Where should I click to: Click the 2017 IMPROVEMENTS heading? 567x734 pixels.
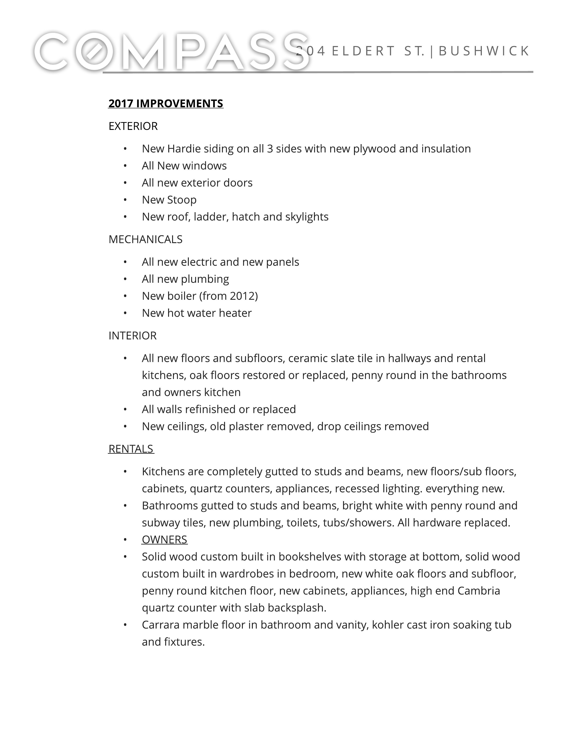tap(166, 103)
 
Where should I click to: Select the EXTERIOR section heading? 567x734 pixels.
tap(133, 126)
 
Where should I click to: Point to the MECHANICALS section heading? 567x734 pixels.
tap(145, 239)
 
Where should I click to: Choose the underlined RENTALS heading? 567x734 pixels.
tap(131, 449)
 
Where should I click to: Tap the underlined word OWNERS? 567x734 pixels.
tap(165, 539)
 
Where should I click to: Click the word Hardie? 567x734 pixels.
tap(183, 149)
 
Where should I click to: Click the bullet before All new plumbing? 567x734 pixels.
tap(125, 279)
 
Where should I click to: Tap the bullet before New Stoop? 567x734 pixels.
tap(125, 200)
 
